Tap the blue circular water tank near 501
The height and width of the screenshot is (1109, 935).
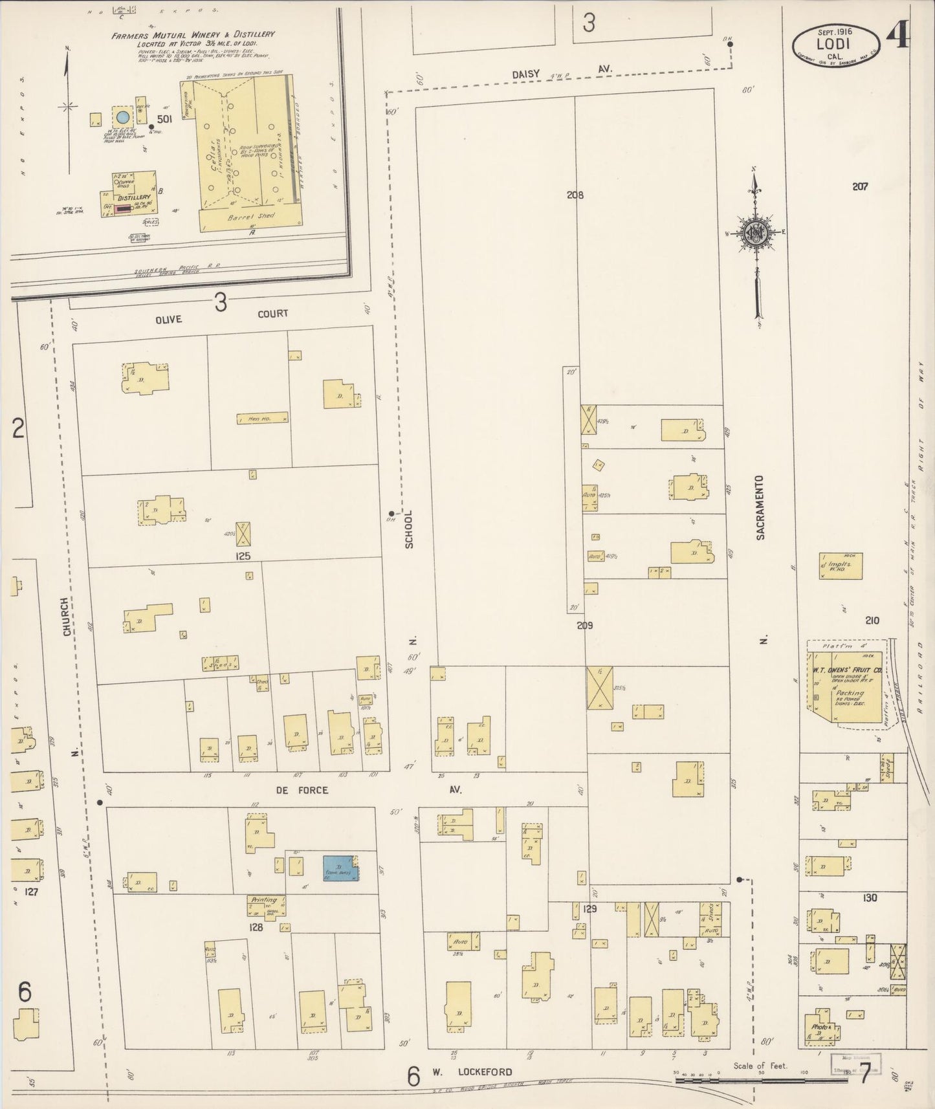122,117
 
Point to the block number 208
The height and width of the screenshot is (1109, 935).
575,194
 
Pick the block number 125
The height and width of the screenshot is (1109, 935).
243,556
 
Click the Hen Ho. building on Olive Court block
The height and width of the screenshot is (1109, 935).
261,419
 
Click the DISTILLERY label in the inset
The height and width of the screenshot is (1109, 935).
134,197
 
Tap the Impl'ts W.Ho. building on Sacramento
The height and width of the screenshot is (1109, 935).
841,565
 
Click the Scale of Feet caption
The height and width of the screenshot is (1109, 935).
760,1065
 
